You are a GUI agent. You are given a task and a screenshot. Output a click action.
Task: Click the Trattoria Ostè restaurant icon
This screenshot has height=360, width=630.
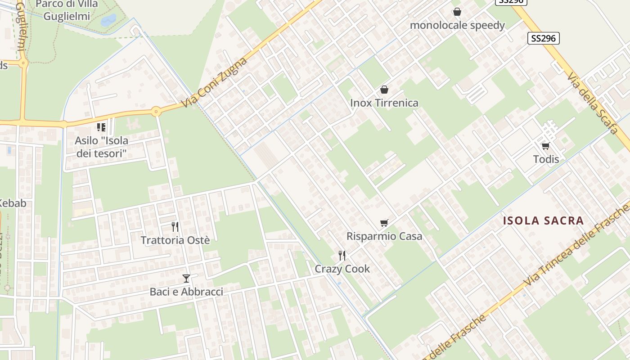pyautogui.click(x=175, y=226)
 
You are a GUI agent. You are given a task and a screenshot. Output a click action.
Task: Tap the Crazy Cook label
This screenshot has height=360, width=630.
pyautogui.click(x=342, y=269)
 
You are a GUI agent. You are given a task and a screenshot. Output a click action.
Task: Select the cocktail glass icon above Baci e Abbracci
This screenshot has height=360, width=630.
pyautogui.click(x=186, y=279)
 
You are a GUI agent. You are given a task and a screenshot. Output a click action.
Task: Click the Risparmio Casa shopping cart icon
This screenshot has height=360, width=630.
pyautogui.click(x=384, y=223)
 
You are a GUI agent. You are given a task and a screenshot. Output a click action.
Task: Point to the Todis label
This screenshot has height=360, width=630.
pyautogui.click(x=546, y=159)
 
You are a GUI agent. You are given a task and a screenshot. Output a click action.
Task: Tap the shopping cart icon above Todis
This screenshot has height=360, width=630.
pyautogui.click(x=546, y=146)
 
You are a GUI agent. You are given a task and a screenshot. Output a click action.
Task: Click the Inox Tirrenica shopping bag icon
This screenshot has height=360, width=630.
pyautogui.click(x=384, y=90)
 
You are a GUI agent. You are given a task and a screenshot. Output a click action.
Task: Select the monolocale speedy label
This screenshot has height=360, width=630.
pyautogui.click(x=457, y=25)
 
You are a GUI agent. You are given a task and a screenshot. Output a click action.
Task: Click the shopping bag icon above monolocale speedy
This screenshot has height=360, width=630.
pyautogui.click(x=457, y=12)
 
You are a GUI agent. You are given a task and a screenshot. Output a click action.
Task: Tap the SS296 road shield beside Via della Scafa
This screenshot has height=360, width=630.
pyautogui.click(x=543, y=38)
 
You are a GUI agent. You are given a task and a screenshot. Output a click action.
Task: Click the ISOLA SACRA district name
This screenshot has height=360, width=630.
pyautogui.click(x=543, y=220)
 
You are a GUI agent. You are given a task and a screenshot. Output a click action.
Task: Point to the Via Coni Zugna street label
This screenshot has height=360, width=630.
pyautogui.click(x=215, y=83)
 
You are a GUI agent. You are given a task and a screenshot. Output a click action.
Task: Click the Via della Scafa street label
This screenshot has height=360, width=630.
pyautogui.click(x=593, y=103)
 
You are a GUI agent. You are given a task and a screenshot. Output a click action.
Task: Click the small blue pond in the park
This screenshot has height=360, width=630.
pyautogui.click(x=108, y=20)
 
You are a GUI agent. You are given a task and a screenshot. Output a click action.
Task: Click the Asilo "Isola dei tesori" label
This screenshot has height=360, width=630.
pyautogui.click(x=101, y=147)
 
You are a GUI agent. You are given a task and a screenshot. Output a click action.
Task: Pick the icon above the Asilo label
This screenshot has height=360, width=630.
pyautogui.click(x=101, y=127)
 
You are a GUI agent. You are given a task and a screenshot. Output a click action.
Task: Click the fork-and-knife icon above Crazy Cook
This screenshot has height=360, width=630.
pyautogui.click(x=342, y=256)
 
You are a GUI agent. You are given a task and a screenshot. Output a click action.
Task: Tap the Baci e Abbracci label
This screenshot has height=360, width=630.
pyautogui.click(x=186, y=292)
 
